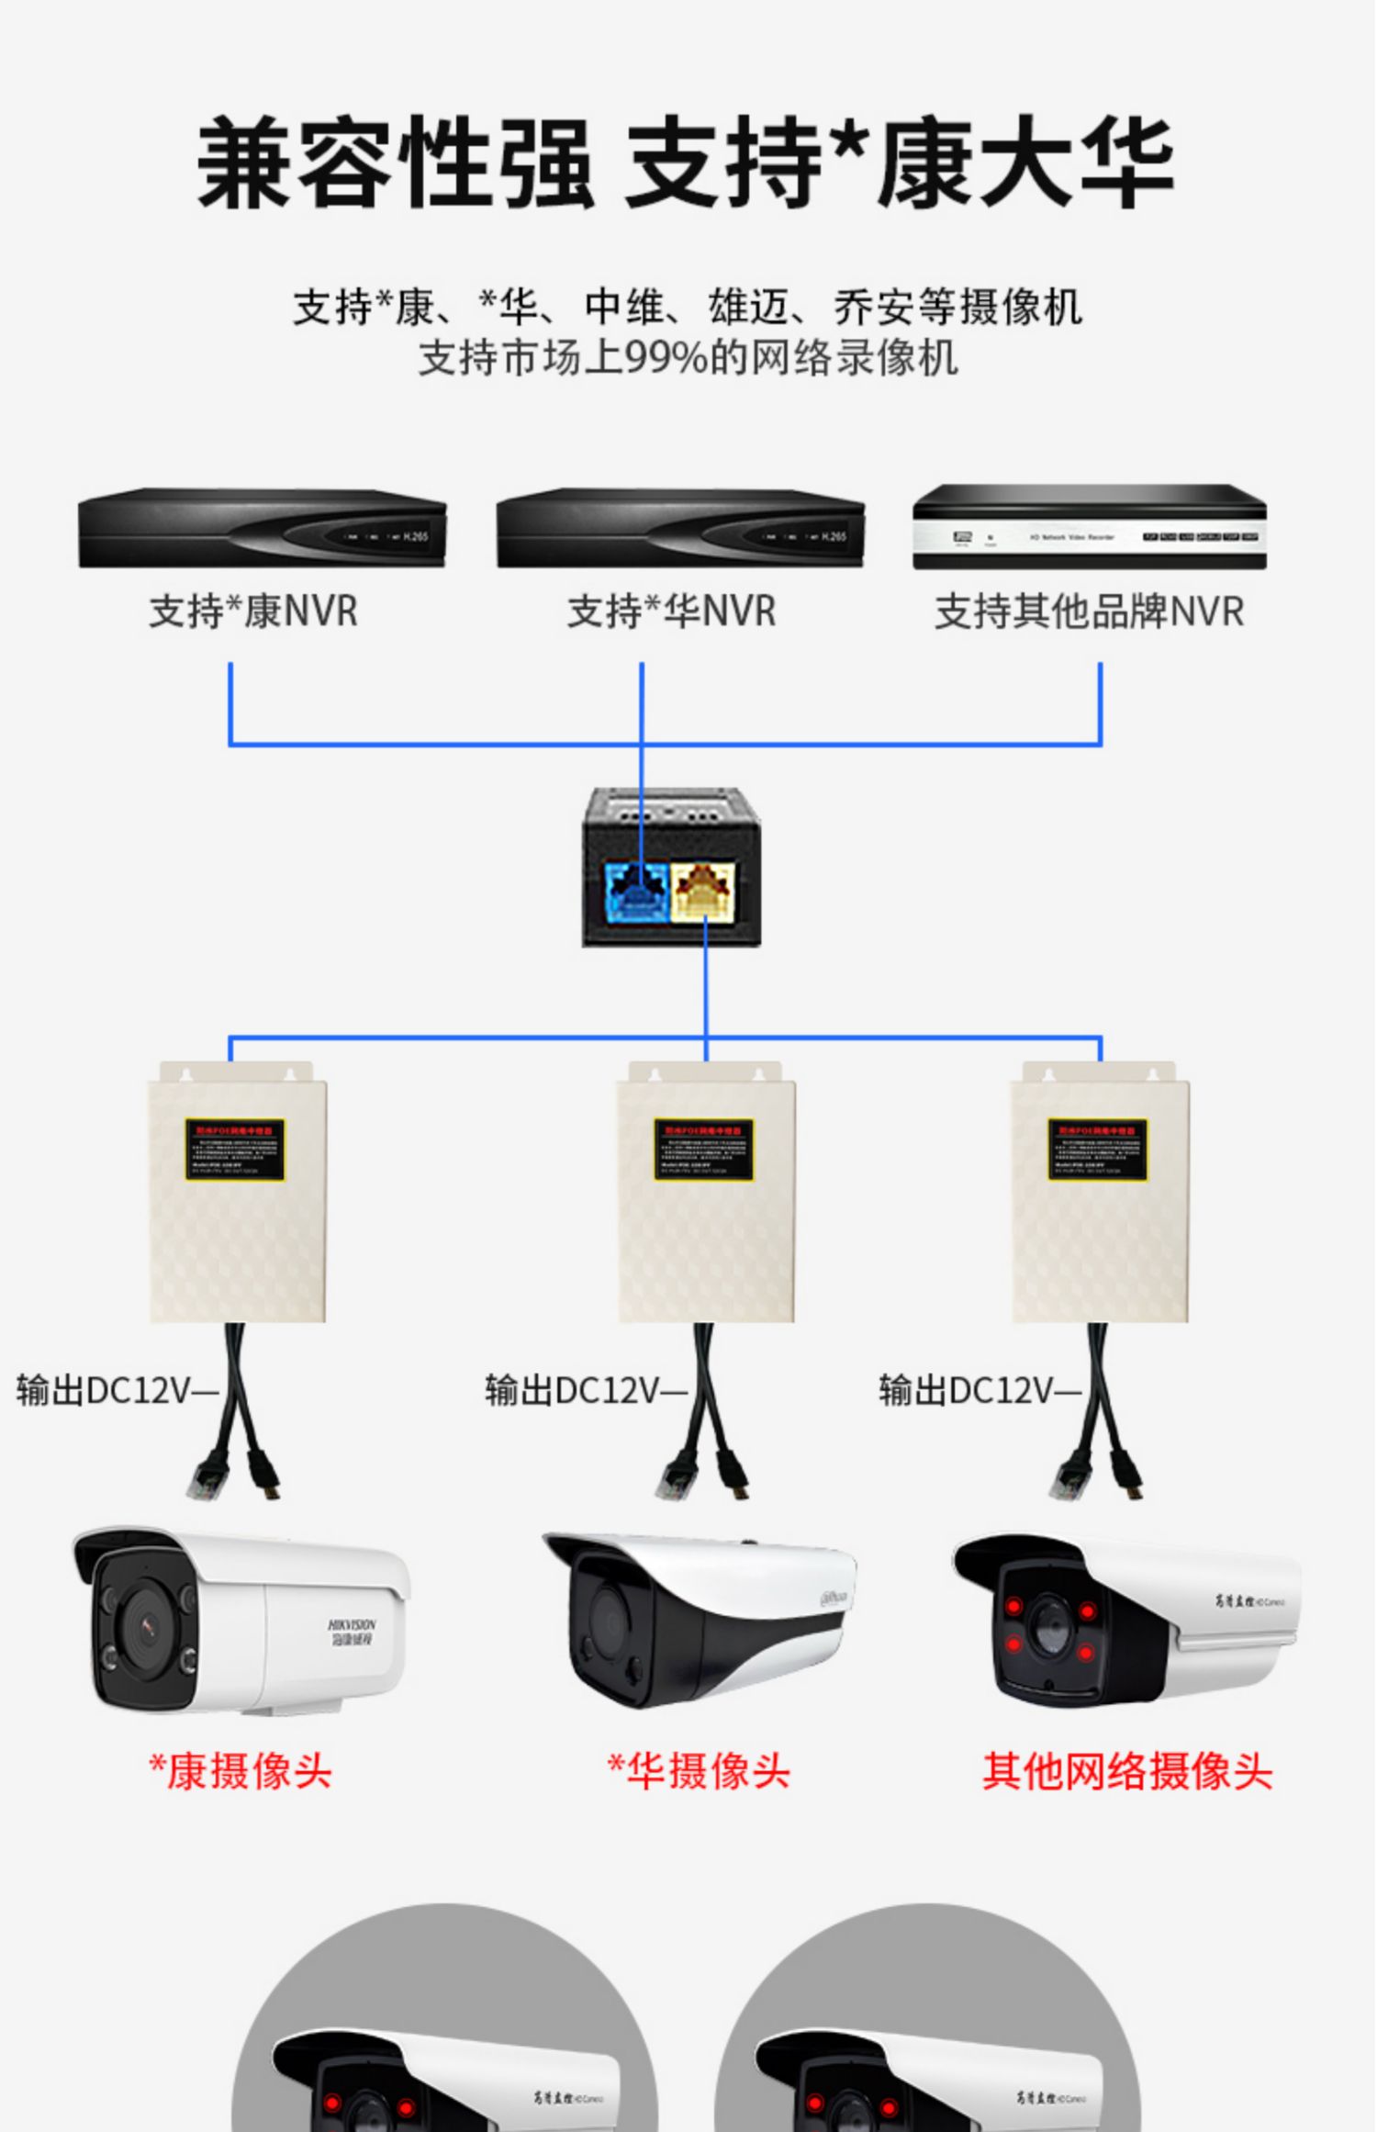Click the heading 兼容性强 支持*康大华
(686, 163)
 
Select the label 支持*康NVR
(253, 612)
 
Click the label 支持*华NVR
(671, 612)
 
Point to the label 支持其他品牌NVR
(1089, 612)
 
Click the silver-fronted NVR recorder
(1089, 528)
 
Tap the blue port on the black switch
(635, 890)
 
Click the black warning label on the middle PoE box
(704, 1149)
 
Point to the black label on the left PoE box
(235, 1149)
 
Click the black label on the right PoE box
(1098, 1149)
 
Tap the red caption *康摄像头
(241, 1771)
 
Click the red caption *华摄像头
(699, 1771)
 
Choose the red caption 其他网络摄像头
(1127, 1771)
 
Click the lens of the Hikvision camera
(147, 1626)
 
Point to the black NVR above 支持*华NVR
(680, 528)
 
